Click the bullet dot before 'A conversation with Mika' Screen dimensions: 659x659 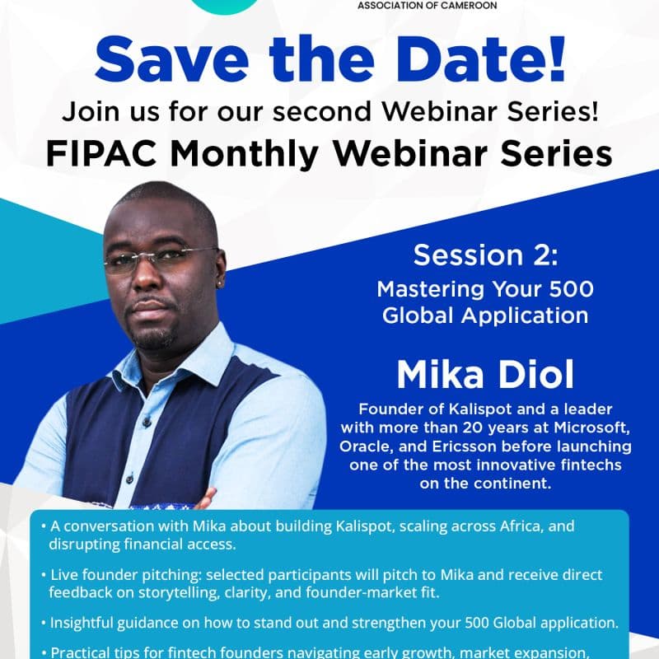click(x=42, y=526)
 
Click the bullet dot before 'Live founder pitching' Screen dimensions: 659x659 click(x=42, y=574)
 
